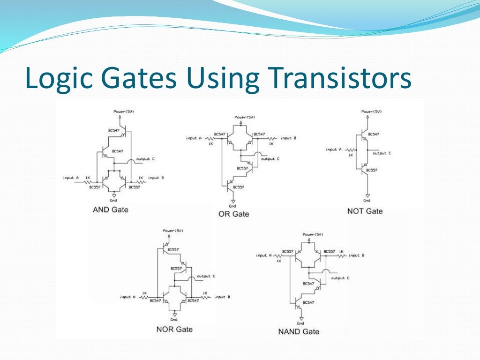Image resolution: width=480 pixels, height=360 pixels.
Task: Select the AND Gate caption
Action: (x=110, y=210)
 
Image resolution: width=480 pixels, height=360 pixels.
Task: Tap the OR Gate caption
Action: (x=233, y=214)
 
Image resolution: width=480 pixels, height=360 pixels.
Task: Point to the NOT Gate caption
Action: (x=365, y=211)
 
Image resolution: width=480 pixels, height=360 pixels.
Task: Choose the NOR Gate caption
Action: (x=174, y=329)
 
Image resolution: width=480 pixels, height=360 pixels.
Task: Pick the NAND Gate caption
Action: (x=299, y=331)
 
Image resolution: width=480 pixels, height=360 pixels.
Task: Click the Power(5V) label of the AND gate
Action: (x=123, y=112)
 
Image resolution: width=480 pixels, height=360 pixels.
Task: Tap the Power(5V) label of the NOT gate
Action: (x=371, y=112)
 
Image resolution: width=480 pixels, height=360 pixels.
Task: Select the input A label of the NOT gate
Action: (x=331, y=150)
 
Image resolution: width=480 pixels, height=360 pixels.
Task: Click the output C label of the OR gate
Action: (x=270, y=159)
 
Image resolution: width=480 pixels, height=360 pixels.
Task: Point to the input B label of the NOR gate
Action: (x=222, y=297)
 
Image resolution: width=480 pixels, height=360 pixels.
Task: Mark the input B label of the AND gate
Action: (x=156, y=178)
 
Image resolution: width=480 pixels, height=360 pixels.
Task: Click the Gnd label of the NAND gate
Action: (x=300, y=323)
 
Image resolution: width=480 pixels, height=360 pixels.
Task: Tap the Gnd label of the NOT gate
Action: (x=367, y=200)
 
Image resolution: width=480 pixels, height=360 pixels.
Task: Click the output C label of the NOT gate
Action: (x=382, y=153)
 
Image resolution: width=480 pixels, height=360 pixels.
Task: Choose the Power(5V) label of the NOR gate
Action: (x=172, y=231)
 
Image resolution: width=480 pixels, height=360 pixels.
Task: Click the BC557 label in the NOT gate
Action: (x=372, y=170)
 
